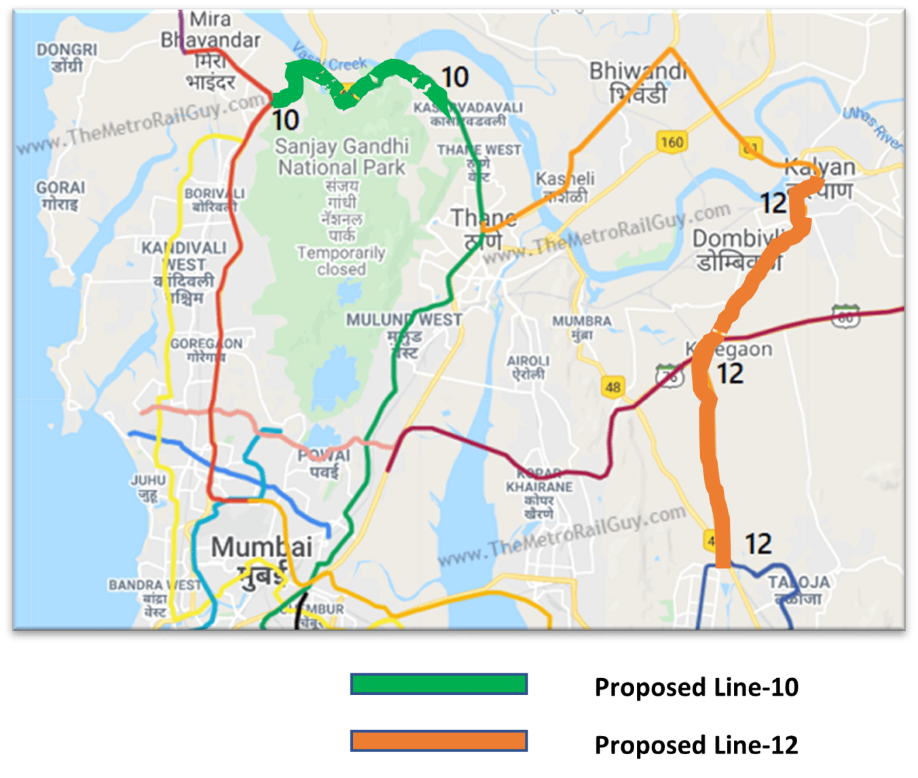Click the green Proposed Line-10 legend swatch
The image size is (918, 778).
tap(439, 684)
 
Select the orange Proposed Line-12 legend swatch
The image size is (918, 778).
tap(439, 741)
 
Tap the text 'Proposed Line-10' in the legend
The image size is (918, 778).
tap(696, 687)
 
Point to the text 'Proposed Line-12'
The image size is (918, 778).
tap(696, 745)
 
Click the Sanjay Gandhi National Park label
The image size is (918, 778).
tap(342, 157)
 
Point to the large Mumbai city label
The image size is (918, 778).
tap(261, 548)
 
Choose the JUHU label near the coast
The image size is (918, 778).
tap(148, 480)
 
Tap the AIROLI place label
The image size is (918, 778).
tap(528, 361)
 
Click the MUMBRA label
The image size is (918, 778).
tap(582, 320)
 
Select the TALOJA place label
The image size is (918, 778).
tap(799, 582)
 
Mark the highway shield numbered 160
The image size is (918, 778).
tap(672, 142)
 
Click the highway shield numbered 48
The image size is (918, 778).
tap(612, 387)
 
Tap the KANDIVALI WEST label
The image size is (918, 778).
tap(184, 255)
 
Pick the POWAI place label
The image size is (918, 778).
tap(325, 455)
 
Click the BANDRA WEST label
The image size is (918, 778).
tap(155, 585)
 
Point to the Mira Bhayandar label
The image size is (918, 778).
tap(210, 30)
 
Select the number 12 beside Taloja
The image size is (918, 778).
tap(758, 544)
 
